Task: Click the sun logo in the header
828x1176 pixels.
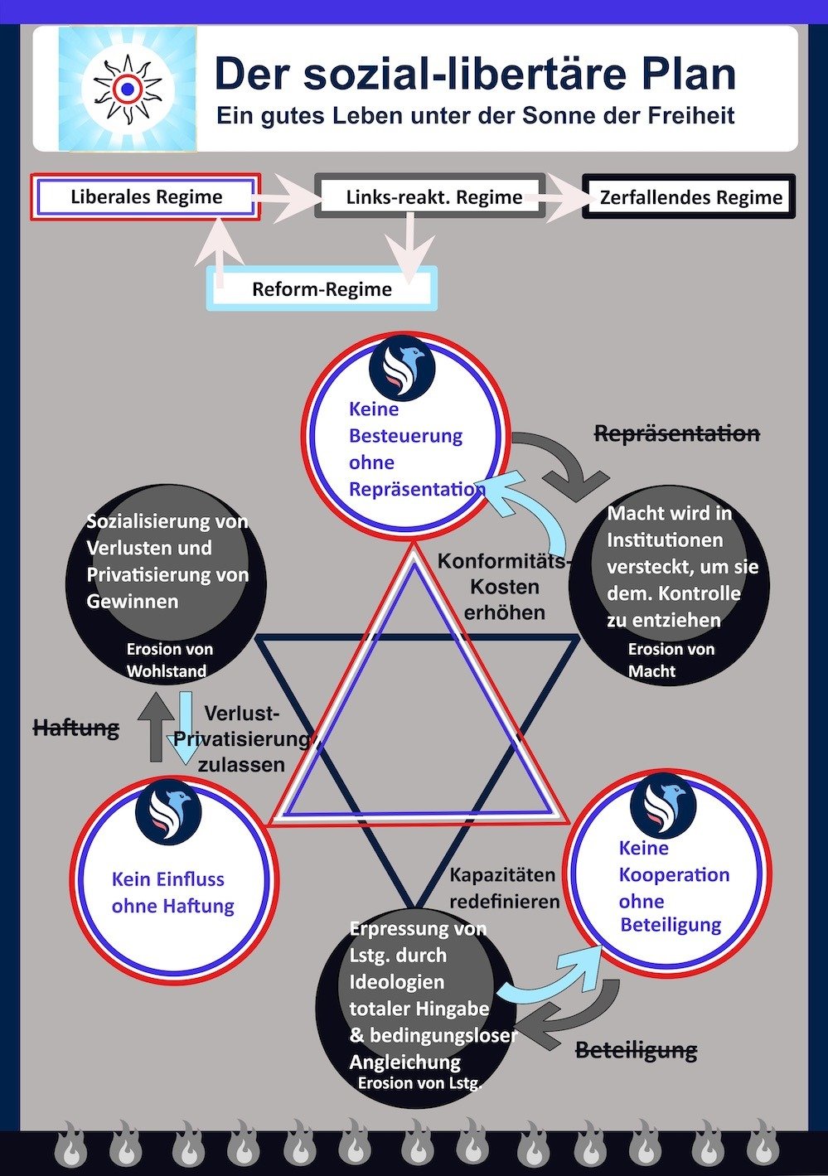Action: click(x=128, y=90)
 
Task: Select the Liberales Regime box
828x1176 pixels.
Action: click(x=145, y=197)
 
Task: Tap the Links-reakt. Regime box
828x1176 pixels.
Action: click(x=429, y=196)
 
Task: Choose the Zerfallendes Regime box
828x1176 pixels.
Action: click(x=689, y=196)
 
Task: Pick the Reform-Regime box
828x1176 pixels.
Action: click(x=322, y=288)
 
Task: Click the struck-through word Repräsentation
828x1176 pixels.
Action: click(x=677, y=433)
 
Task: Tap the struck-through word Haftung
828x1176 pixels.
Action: click(x=76, y=728)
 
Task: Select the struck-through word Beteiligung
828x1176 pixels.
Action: click(x=637, y=1050)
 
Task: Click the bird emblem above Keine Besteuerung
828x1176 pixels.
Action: click(x=402, y=367)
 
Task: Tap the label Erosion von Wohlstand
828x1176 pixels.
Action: click(x=169, y=660)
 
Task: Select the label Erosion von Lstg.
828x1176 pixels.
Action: click(x=419, y=1082)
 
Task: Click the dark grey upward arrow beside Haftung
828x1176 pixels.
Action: click(x=156, y=726)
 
